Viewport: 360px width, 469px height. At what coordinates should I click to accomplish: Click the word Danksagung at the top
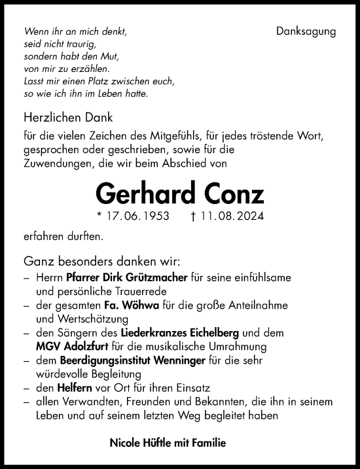(306, 31)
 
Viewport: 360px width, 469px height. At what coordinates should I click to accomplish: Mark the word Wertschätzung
(86, 319)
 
